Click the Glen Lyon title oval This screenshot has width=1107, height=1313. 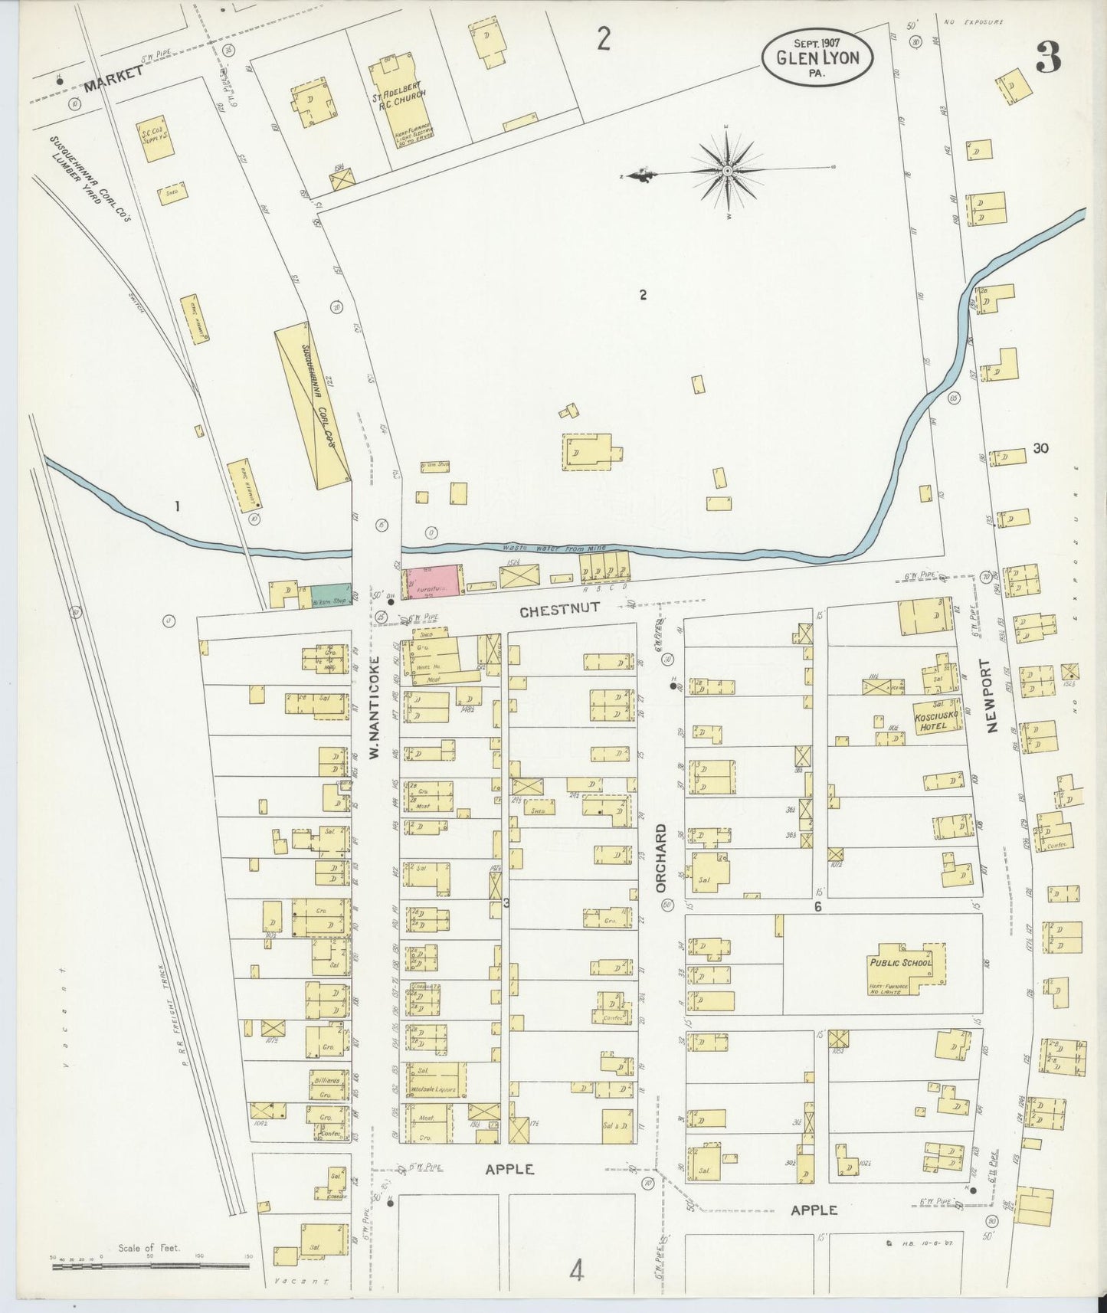tap(817, 57)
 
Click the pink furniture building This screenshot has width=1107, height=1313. tap(433, 581)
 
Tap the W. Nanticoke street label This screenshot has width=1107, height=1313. tap(375, 707)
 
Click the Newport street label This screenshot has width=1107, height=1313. tap(994, 696)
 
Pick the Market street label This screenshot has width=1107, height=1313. tap(113, 78)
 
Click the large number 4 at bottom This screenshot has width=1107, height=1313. tap(576, 1271)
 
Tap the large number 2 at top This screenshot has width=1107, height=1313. tap(604, 38)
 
